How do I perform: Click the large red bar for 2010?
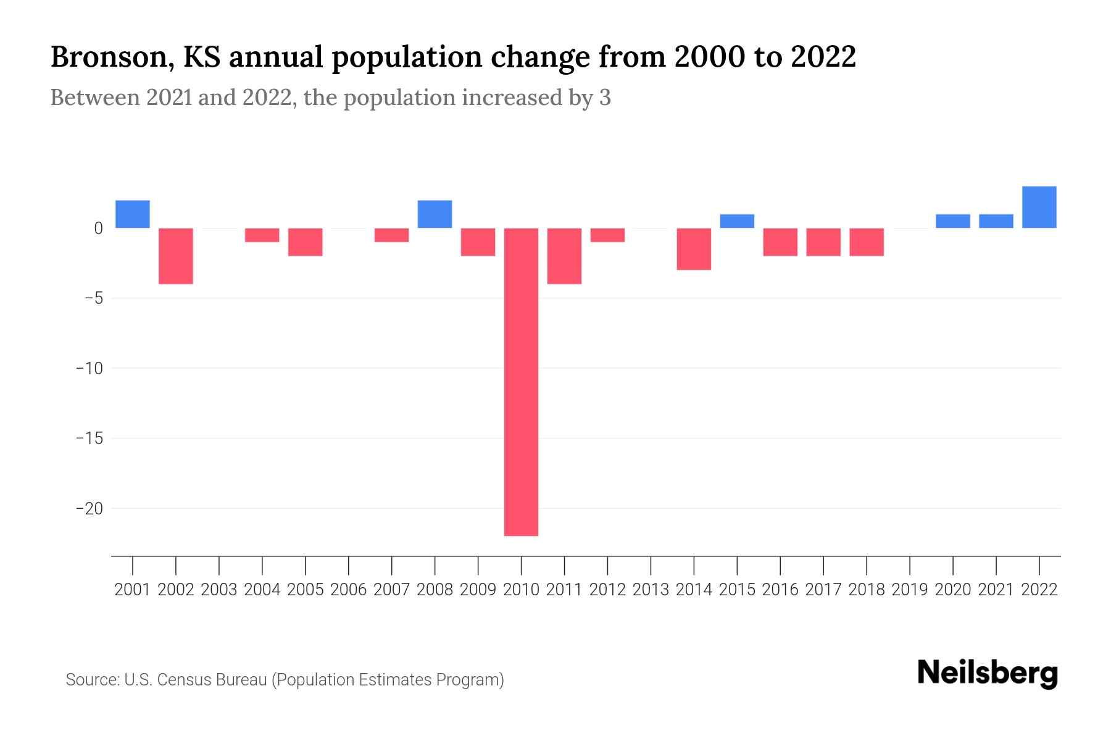(521, 382)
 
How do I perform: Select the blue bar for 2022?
(1039, 207)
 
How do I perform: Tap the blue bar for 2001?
(133, 214)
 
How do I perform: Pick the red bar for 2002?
(176, 256)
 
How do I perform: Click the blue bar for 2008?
(435, 214)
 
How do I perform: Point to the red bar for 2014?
(694, 249)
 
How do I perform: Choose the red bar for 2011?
(564, 256)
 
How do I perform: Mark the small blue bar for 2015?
(737, 221)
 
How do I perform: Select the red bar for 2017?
(823, 242)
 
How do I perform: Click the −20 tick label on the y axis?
(89, 509)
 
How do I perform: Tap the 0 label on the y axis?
(98, 228)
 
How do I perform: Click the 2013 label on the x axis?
(651, 590)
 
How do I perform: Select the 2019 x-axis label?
(910, 590)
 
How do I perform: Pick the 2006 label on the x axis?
(349, 590)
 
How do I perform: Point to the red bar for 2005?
(306, 242)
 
